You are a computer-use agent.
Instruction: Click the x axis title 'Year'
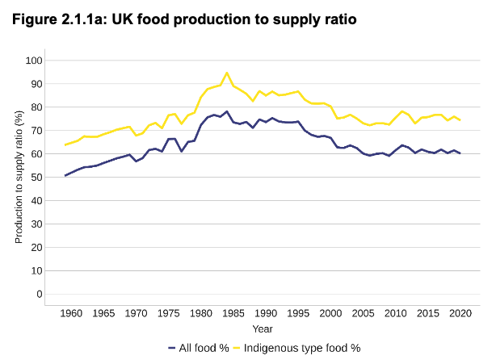262,329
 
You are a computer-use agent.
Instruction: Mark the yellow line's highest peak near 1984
226,73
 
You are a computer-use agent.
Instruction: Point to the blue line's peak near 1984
226,111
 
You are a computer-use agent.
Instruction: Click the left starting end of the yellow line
65,145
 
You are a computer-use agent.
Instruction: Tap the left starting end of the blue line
65,175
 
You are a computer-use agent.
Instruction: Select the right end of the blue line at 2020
460,153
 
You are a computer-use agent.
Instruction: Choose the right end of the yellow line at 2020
460,119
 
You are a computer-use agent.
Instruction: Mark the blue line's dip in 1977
181,151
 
